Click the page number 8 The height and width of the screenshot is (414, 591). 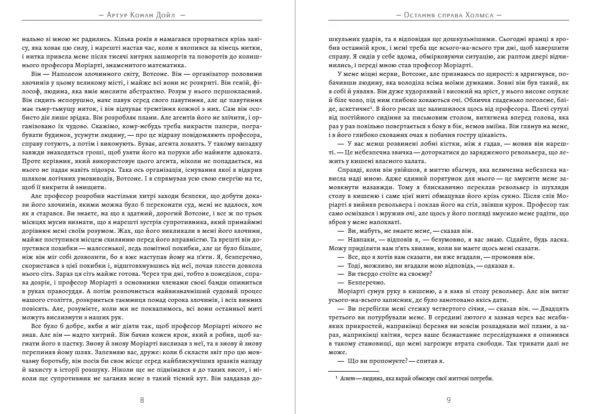(x=142, y=400)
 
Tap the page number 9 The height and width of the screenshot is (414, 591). (x=448, y=400)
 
